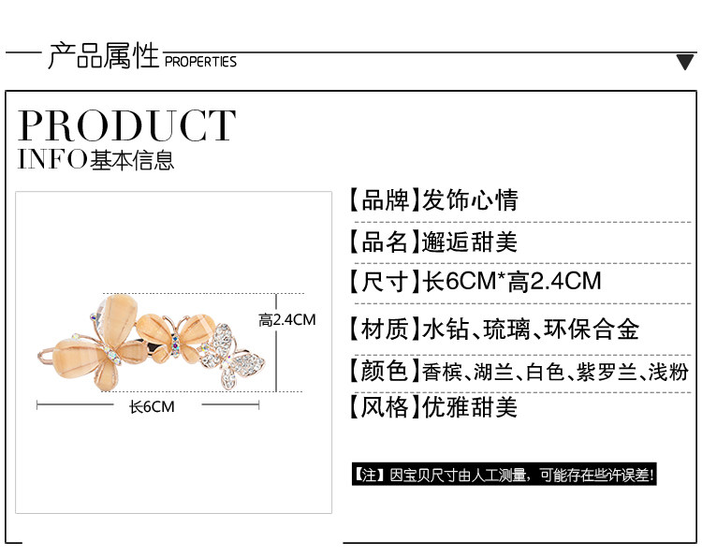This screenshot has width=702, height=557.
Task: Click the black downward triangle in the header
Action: click(x=685, y=63)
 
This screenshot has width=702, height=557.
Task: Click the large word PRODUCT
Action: click(x=126, y=126)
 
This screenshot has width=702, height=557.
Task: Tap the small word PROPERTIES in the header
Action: click(x=200, y=62)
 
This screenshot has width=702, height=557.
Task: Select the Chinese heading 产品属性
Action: click(x=104, y=56)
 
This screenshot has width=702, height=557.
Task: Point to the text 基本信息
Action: click(x=132, y=159)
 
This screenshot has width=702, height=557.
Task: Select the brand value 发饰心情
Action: click(x=470, y=199)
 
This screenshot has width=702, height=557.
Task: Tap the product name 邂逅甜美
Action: click(x=470, y=242)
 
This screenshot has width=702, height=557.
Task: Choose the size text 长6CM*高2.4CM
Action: click(x=512, y=281)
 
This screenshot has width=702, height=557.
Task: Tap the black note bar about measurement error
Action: click(x=504, y=475)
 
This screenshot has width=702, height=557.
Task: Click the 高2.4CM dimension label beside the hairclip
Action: click(x=287, y=319)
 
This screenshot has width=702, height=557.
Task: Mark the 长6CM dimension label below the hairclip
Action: click(x=152, y=406)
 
